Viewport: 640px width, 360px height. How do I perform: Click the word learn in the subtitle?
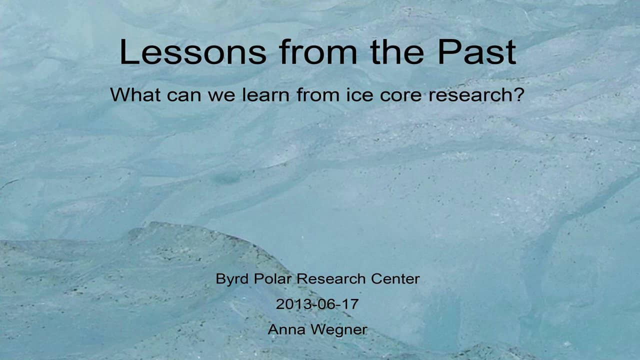pos(265,94)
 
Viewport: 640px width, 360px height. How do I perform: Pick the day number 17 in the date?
pos(349,303)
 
